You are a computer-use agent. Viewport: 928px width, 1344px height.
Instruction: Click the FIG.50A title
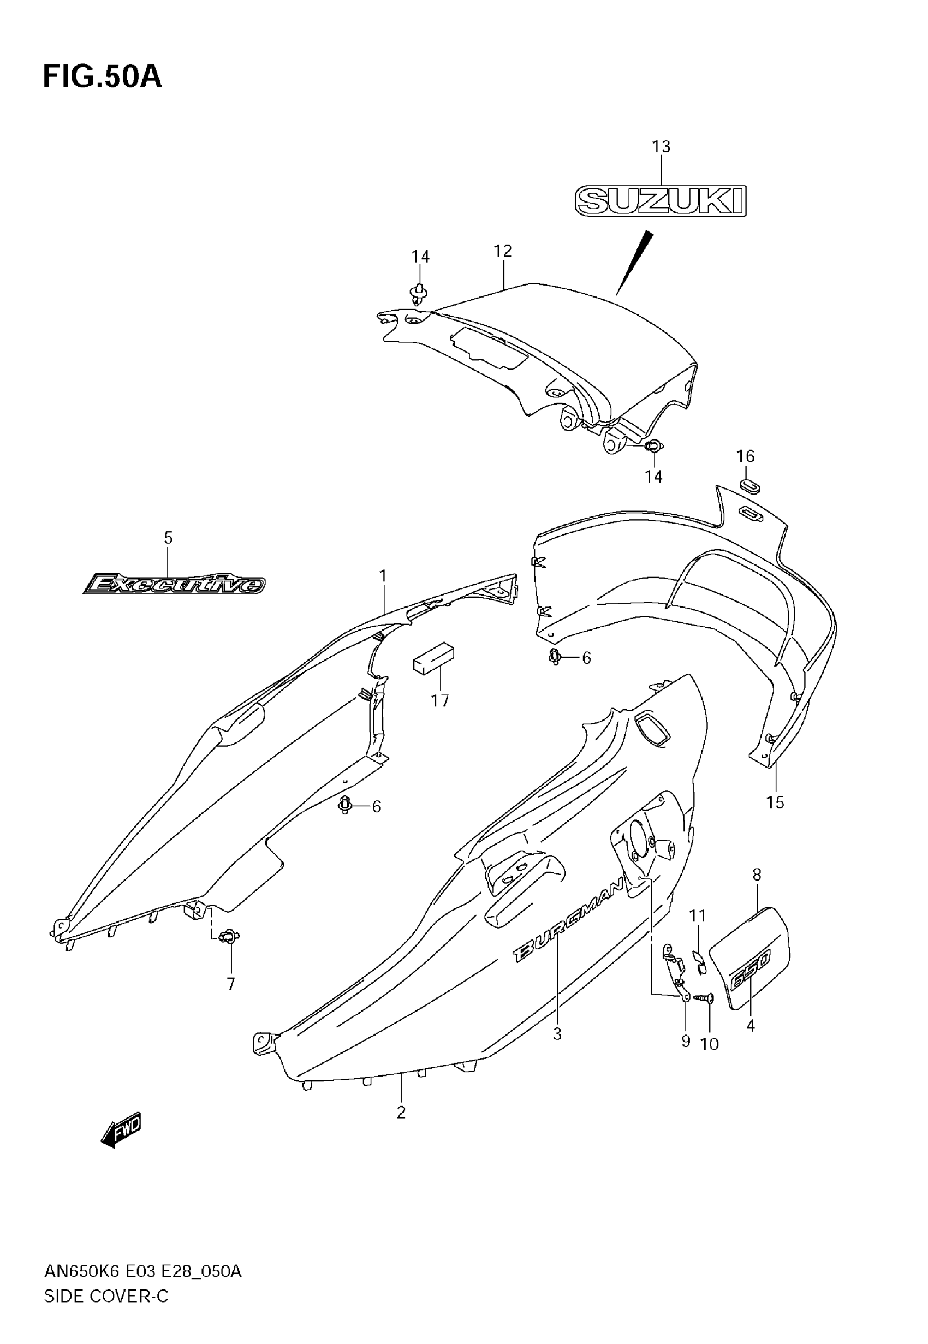(x=102, y=78)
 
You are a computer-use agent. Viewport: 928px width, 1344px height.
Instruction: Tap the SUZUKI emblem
(x=661, y=201)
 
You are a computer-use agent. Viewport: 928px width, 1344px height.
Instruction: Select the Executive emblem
(x=174, y=584)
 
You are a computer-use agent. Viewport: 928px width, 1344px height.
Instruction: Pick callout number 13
(x=661, y=147)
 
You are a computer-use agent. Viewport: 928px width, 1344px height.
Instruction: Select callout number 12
(x=503, y=251)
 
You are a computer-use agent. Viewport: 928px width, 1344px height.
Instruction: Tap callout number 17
(x=439, y=701)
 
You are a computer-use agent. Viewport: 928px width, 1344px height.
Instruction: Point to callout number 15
(x=775, y=803)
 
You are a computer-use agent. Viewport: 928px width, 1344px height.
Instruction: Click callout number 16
(x=746, y=456)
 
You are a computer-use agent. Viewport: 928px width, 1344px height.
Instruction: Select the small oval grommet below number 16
(x=749, y=485)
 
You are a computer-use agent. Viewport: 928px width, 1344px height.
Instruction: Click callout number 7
(x=231, y=984)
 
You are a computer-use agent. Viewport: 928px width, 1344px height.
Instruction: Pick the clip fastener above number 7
(x=230, y=937)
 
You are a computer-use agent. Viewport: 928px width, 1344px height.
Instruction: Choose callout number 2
(x=401, y=1113)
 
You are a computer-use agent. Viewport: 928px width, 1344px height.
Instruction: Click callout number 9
(x=686, y=1041)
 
